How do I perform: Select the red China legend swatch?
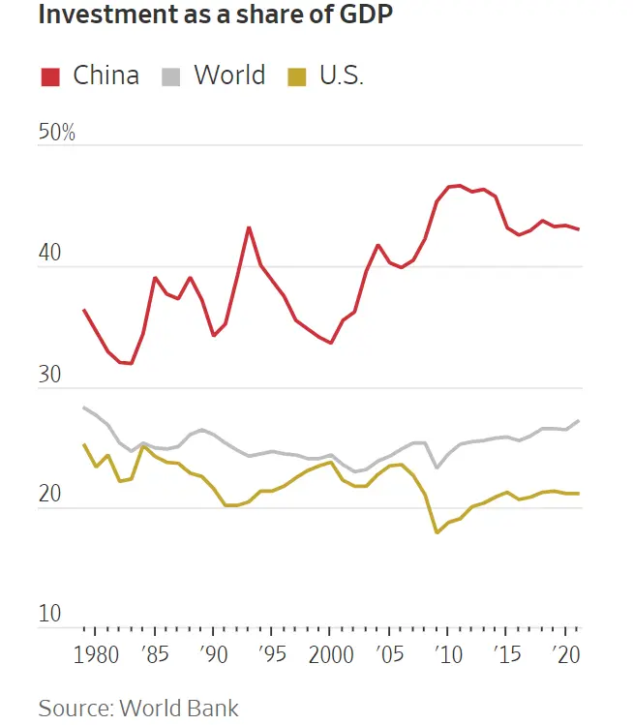tap(51, 76)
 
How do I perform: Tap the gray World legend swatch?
tap(172, 76)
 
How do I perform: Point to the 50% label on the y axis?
tap(56, 133)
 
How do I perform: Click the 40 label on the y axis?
tap(50, 254)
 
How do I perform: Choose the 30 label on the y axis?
tap(50, 375)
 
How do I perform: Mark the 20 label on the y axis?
tap(50, 495)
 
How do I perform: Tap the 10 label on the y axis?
tap(50, 615)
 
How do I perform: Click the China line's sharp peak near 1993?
tap(249, 227)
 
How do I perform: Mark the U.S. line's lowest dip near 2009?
tap(437, 532)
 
